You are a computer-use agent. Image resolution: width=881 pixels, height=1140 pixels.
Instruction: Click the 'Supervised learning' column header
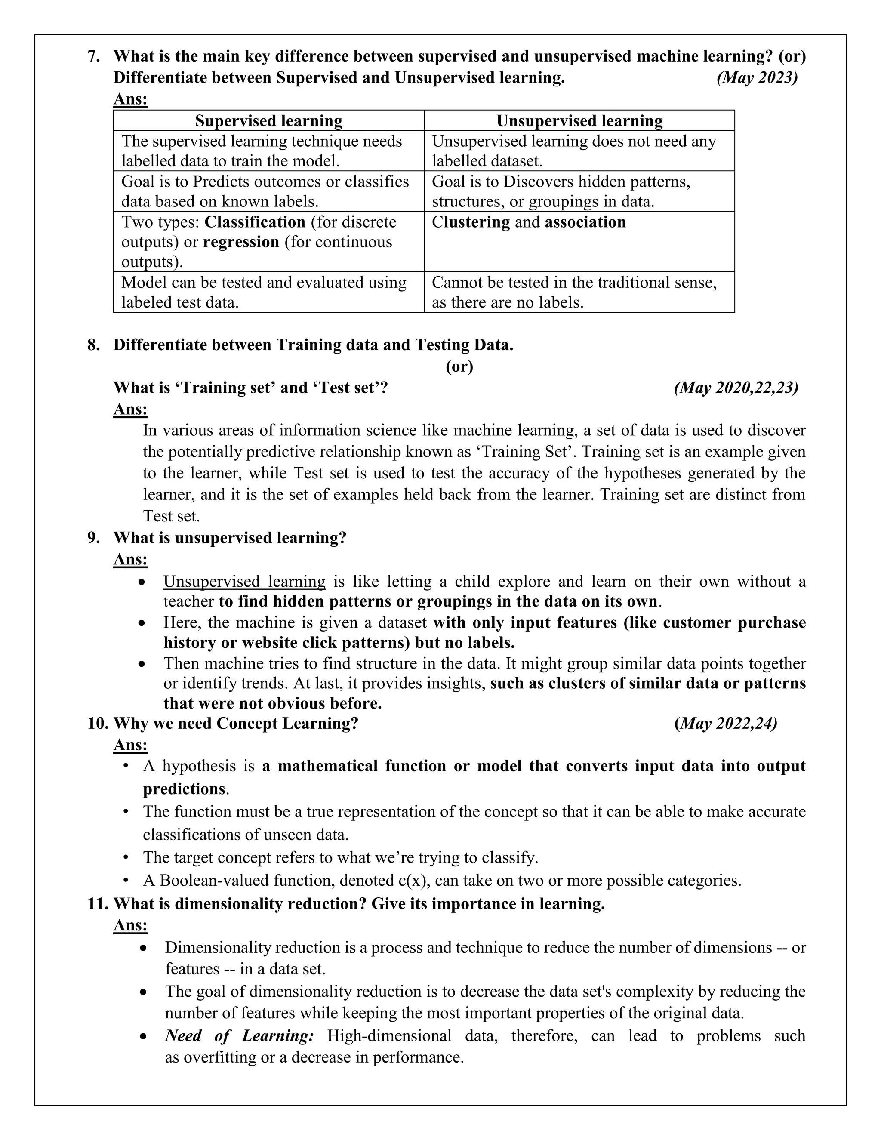tap(268, 120)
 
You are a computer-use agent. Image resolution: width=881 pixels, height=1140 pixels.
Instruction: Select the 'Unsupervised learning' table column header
tap(579, 120)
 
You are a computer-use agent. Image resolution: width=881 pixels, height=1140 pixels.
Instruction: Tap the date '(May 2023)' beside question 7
tap(757, 78)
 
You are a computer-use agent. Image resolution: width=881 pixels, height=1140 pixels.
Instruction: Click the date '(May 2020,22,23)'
tap(736, 388)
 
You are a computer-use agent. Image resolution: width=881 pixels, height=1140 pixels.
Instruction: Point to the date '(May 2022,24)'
tap(725, 724)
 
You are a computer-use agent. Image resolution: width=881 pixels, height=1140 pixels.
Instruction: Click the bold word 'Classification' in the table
tap(255, 222)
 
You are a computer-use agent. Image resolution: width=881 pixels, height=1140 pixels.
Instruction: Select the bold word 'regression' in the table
tap(241, 242)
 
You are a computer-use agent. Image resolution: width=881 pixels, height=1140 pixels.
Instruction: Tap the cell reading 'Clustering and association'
tap(529, 222)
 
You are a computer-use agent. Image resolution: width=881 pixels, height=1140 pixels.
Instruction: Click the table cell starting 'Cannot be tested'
tap(574, 292)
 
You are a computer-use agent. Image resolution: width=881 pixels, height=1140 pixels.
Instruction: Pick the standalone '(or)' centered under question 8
tap(459, 367)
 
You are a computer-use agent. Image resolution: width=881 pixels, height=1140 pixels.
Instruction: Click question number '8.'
tap(94, 345)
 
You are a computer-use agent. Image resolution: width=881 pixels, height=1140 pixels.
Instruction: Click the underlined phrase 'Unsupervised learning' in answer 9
tap(244, 582)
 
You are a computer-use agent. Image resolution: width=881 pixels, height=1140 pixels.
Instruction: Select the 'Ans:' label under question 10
tap(130, 745)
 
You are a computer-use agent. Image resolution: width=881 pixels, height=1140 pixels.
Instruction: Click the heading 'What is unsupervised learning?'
tap(230, 538)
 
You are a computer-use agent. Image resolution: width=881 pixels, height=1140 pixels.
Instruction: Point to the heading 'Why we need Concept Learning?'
tap(236, 724)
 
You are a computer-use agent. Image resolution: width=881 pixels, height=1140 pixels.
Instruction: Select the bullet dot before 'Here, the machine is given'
tap(142, 623)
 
